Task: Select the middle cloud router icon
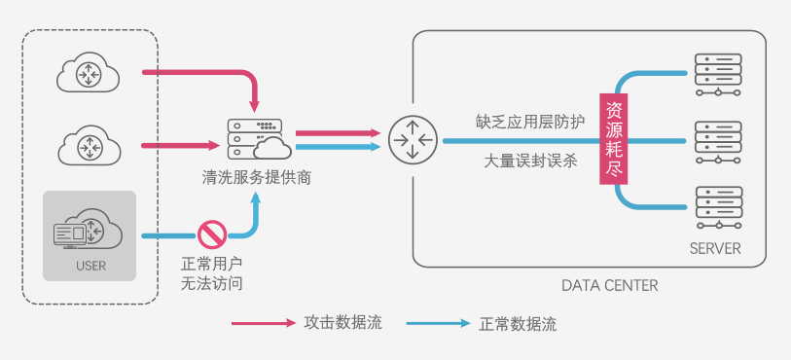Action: (x=90, y=146)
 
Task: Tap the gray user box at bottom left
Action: (x=90, y=236)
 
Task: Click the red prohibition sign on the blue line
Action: (x=212, y=234)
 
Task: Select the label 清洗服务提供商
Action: (x=257, y=179)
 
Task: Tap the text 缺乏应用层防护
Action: (x=530, y=122)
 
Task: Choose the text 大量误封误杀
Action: (x=530, y=162)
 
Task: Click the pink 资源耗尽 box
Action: (x=614, y=140)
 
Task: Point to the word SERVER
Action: (x=715, y=249)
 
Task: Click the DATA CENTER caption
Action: (x=609, y=286)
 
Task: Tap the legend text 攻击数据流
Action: (x=343, y=323)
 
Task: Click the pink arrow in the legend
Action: (x=263, y=323)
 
